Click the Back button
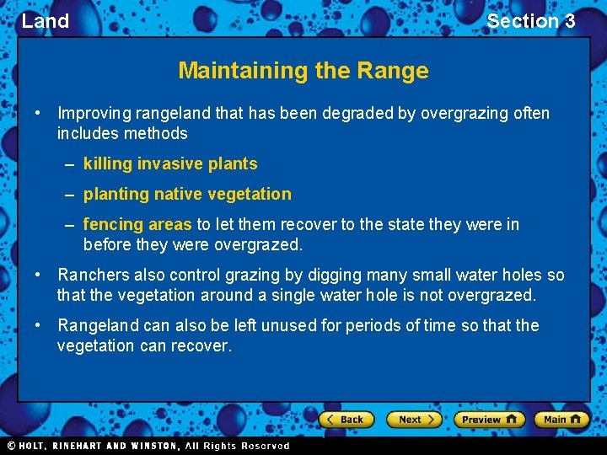pos(346,419)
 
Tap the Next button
pos(414,419)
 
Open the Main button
pos(560,419)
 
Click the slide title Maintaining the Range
pos(303,71)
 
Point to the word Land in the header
pos(46,21)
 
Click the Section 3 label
pos(530,21)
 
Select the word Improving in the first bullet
pos(93,113)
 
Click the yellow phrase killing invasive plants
pos(170,163)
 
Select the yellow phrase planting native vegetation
pos(187,194)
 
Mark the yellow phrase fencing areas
pos(137,224)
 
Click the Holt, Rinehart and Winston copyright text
pos(148,446)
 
